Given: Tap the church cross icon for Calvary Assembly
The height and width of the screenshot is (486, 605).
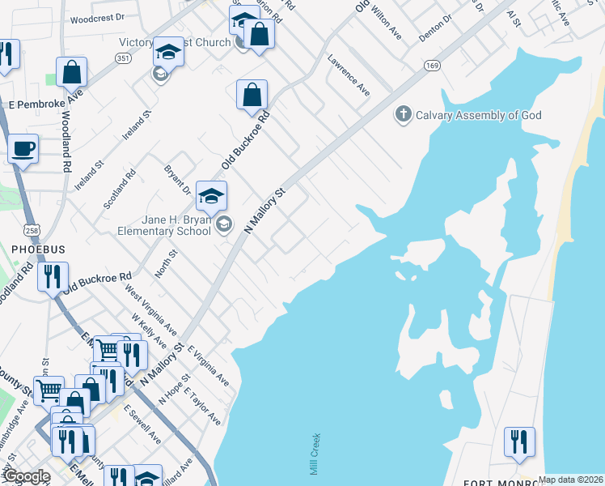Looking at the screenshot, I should (x=403, y=114).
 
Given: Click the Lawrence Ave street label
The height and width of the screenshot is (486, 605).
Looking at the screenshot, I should (x=349, y=75).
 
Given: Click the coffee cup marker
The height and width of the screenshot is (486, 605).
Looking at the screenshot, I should (x=23, y=150).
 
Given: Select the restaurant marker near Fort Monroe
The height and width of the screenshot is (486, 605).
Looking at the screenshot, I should (x=518, y=441).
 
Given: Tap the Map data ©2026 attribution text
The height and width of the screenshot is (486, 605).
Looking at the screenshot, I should (x=571, y=480).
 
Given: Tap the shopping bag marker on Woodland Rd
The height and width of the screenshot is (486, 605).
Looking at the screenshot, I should (x=71, y=71).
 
